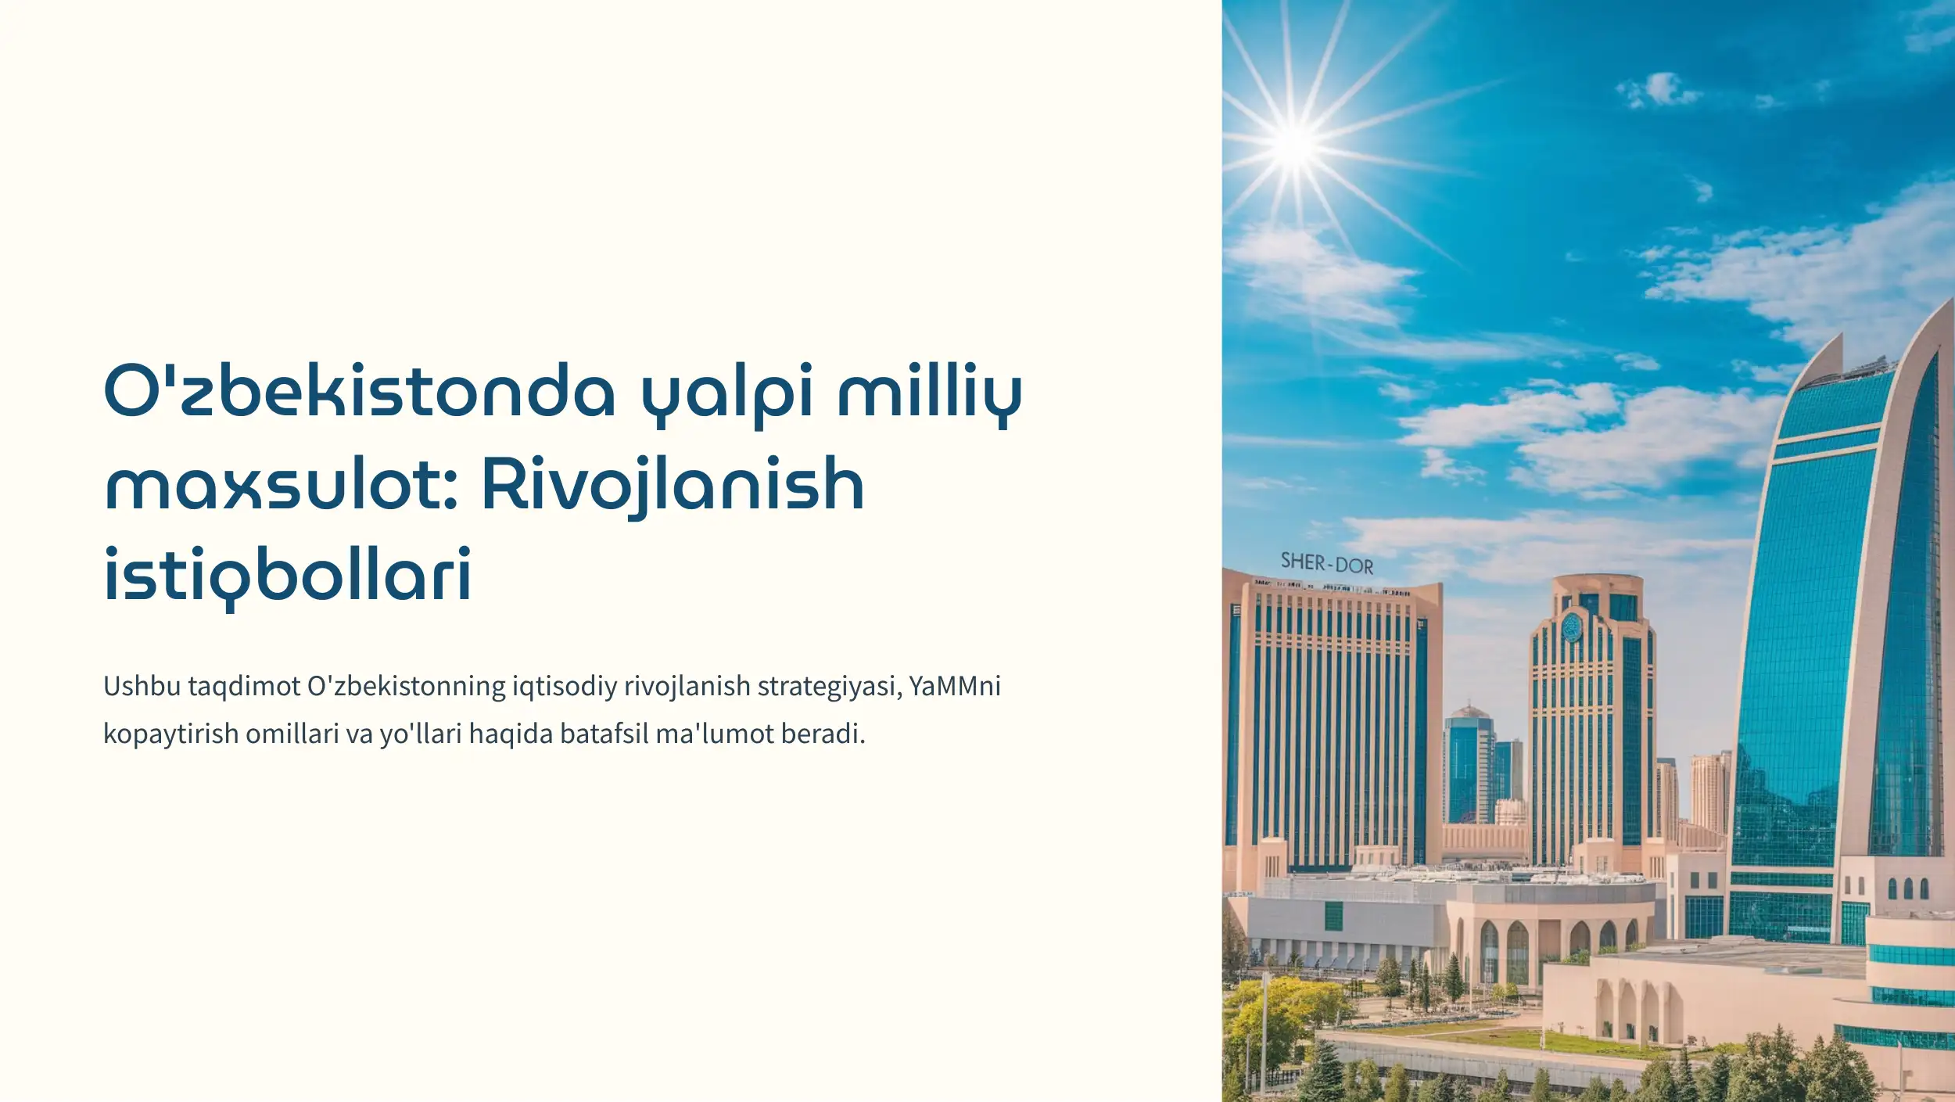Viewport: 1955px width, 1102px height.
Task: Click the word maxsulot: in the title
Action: pos(281,483)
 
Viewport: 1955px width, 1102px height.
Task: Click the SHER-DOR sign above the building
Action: pos(1327,563)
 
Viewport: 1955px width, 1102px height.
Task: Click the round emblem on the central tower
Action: pos(1571,626)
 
